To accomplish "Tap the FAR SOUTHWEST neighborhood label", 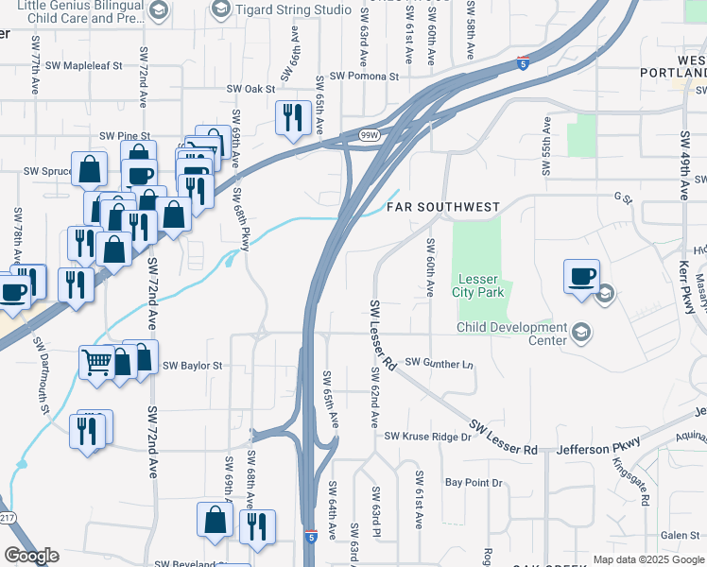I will point(442,206).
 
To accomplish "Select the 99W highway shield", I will point(370,136).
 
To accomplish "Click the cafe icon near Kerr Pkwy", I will point(581,276).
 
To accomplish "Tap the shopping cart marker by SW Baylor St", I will point(97,361).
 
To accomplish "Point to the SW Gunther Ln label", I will point(438,363).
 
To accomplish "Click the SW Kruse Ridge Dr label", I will point(427,436).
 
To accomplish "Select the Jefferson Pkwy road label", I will point(598,446).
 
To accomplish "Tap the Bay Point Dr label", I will point(474,483).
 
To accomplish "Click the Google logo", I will point(31,556).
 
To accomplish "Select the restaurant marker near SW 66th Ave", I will point(292,117).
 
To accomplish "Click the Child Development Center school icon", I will point(580,332).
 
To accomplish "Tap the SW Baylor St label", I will point(192,365).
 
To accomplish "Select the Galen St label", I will point(680,536).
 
